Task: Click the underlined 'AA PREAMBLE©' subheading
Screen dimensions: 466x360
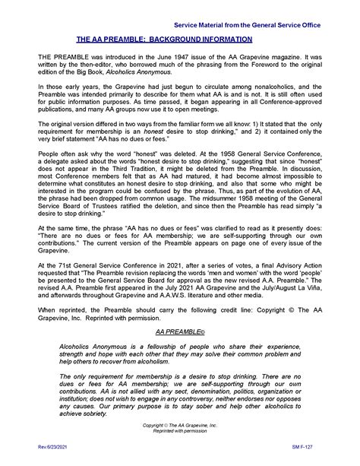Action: click(x=180, y=353)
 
